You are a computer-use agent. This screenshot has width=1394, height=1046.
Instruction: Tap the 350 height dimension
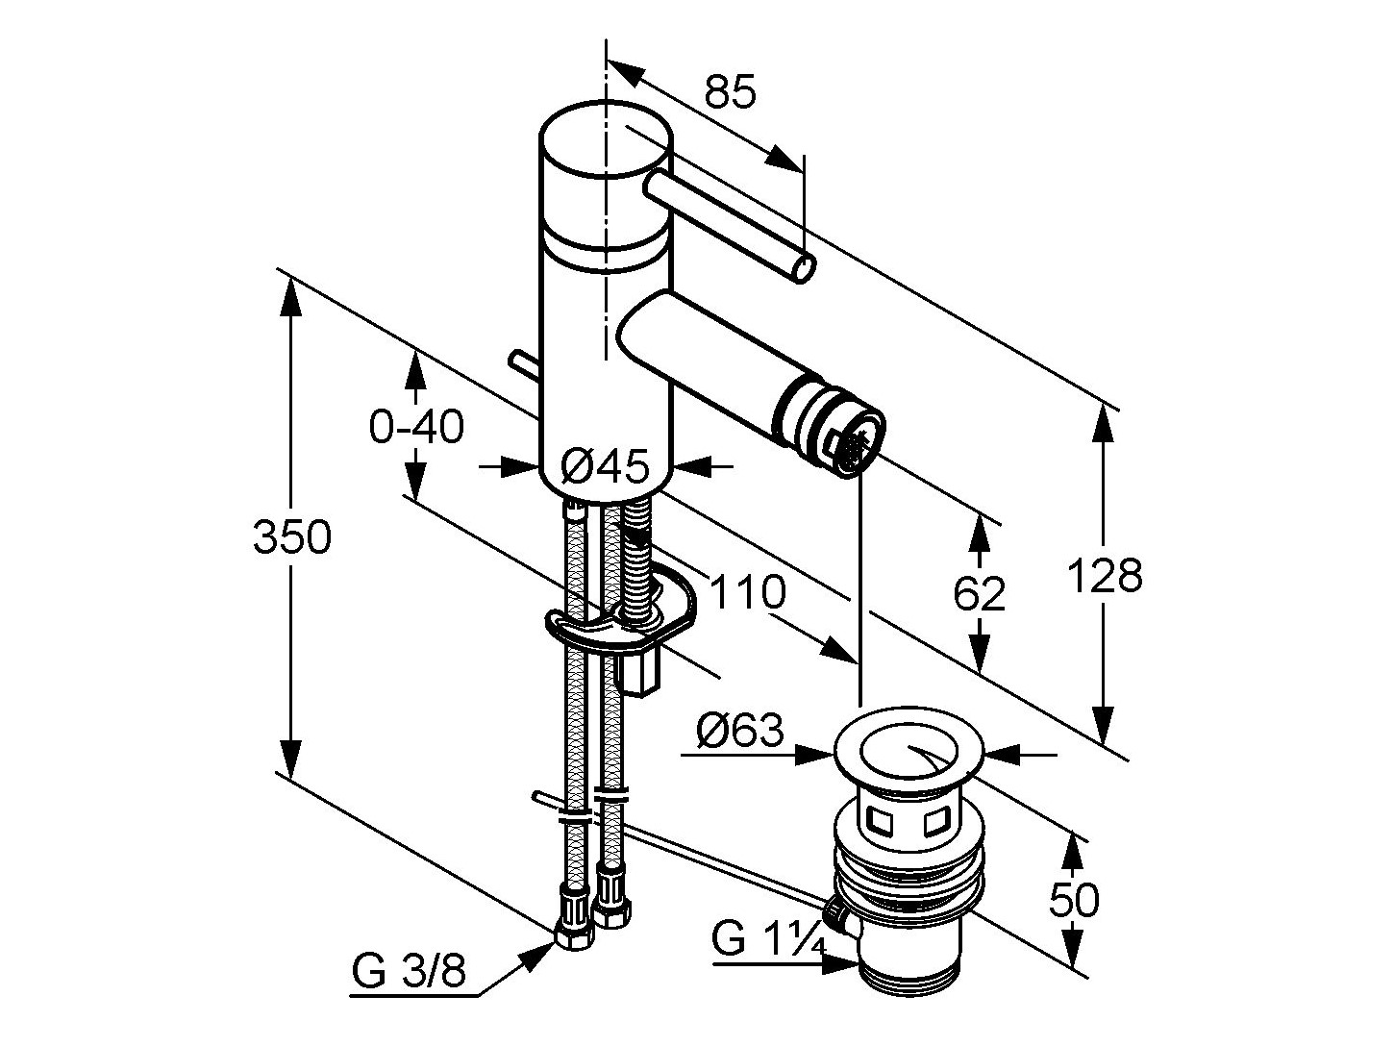pyautogui.click(x=292, y=536)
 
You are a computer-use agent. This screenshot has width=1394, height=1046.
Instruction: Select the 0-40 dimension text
pyautogui.click(x=416, y=426)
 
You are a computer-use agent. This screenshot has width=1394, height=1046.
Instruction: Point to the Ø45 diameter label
pyautogui.click(x=605, y=467)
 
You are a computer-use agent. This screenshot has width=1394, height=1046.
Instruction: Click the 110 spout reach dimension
pyautogui.click(x=748, y=592)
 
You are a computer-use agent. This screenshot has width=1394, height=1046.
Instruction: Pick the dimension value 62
pyautogui.click(x=980, y=594)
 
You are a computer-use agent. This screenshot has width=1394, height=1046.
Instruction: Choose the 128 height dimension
pyautogui.click(x=1105, y=576)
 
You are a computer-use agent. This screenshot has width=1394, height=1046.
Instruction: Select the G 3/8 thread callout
pyautogui.click(x=409, y=972)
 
